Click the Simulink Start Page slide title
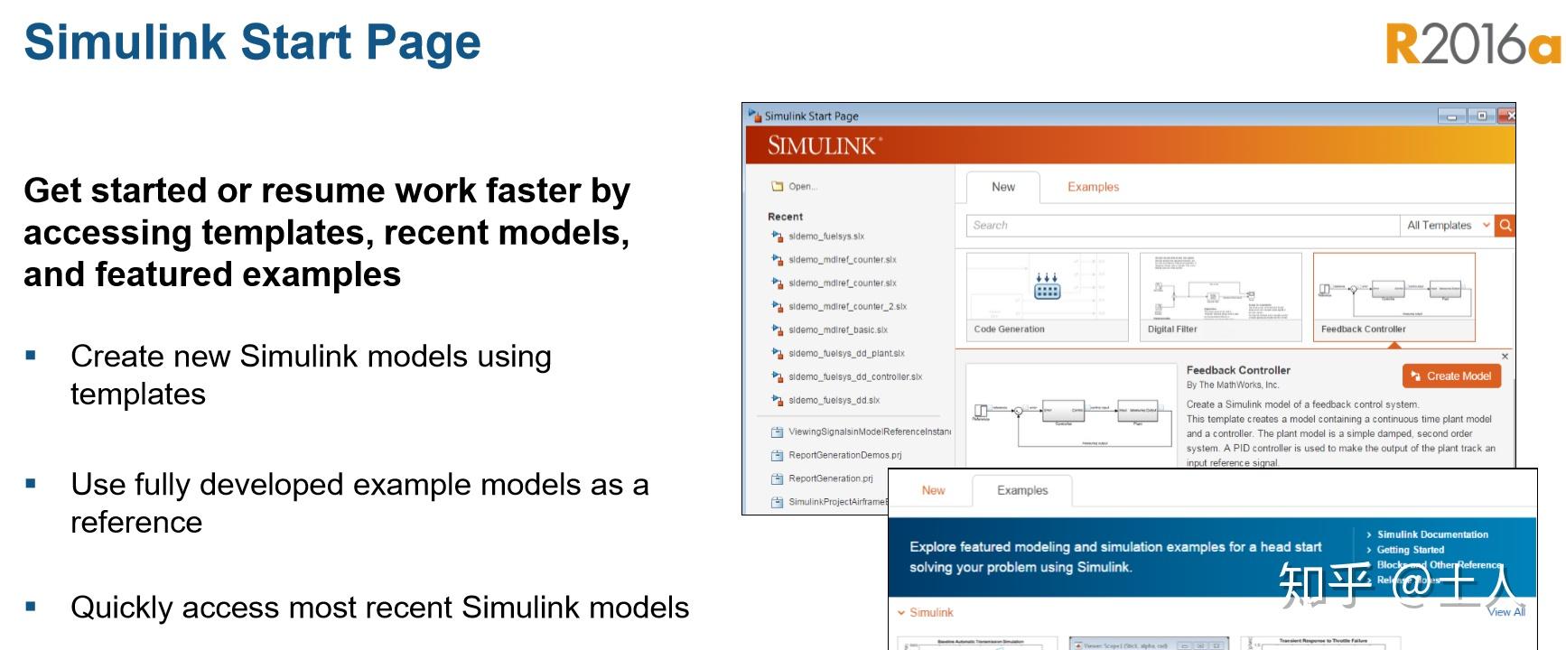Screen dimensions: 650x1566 pyautogui.click(x=253, y=42)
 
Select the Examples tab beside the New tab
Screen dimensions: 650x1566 pyautogui.click(x=1093, y=187)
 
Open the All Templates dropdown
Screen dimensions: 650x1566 pyautogui.click(x=1448, y=226)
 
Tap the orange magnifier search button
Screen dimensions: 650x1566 pyautogui.click(x=1505, y=226)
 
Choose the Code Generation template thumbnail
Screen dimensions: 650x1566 pyautogui.click(x=1047, y=296)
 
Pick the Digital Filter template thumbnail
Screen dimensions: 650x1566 pyautogui.click(x=1220, y=296)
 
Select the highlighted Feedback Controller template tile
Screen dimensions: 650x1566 pyautogui.click(x=1394, y=296)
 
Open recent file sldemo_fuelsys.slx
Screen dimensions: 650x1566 pyautogui.click(x=825, y=237)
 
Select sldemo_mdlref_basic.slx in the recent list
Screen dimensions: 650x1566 pyautogui.click(x=837, y=330)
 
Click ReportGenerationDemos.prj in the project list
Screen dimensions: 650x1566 pyautogui.click(x=844, y=455)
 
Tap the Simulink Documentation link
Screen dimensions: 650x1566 pyautogui.click(x=1432, y=534)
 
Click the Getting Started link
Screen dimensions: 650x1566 pyautogui.click(x=1410, y=550)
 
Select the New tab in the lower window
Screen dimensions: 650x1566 pyautogui.click(x=933, y=490)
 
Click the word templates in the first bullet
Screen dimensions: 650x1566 pyautogui.click(x=138, y=395)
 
